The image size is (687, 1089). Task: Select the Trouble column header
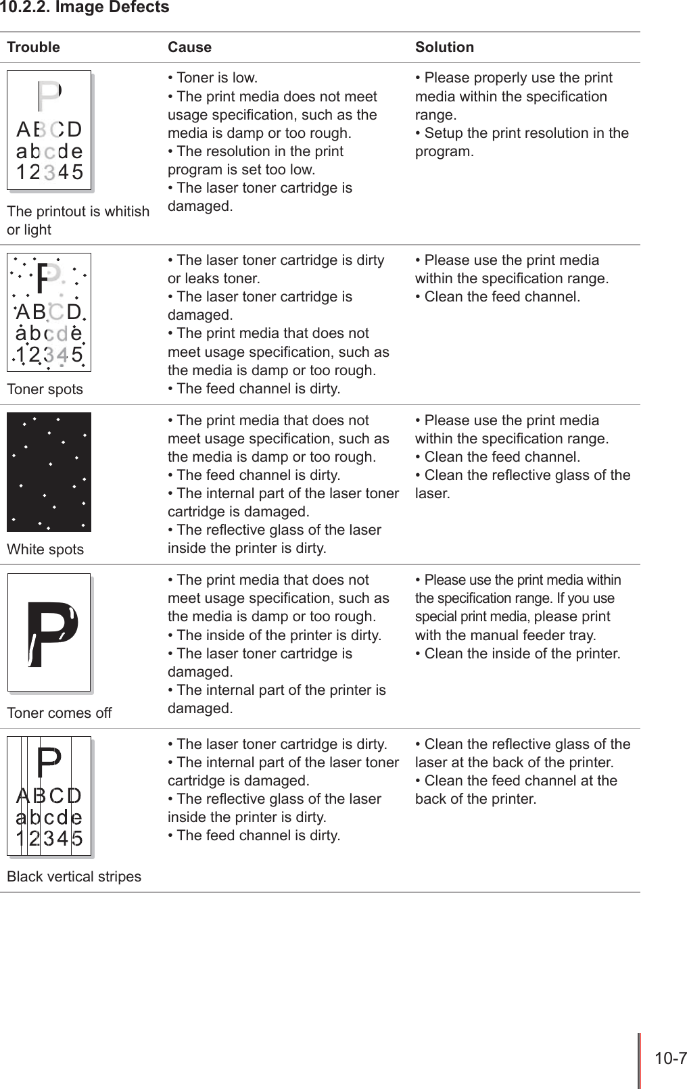coord(33,47)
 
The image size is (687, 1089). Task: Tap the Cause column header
coord(189,47)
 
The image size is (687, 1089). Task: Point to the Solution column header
coord(444,47)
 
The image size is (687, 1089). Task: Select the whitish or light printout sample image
coord(49,130)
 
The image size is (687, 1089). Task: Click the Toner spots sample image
coord(49,312)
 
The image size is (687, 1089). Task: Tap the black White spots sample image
coord(49,472)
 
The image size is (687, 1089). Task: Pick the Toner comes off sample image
coord(49,633)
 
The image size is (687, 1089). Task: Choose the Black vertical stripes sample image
coord(49,796)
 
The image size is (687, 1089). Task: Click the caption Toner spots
coord(45,389)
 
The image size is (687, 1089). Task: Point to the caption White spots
coord(45,550)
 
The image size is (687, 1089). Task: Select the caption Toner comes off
coord(60,713)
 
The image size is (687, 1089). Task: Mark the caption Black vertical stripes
coord(74,877)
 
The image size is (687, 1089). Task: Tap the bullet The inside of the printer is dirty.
coord(275,635)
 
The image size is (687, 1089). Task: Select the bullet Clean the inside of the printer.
coord(518,654)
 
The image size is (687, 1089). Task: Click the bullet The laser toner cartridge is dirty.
coord(277,744)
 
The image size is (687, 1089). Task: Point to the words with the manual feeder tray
coord(506,635)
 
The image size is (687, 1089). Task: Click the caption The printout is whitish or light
coord(78,220)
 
